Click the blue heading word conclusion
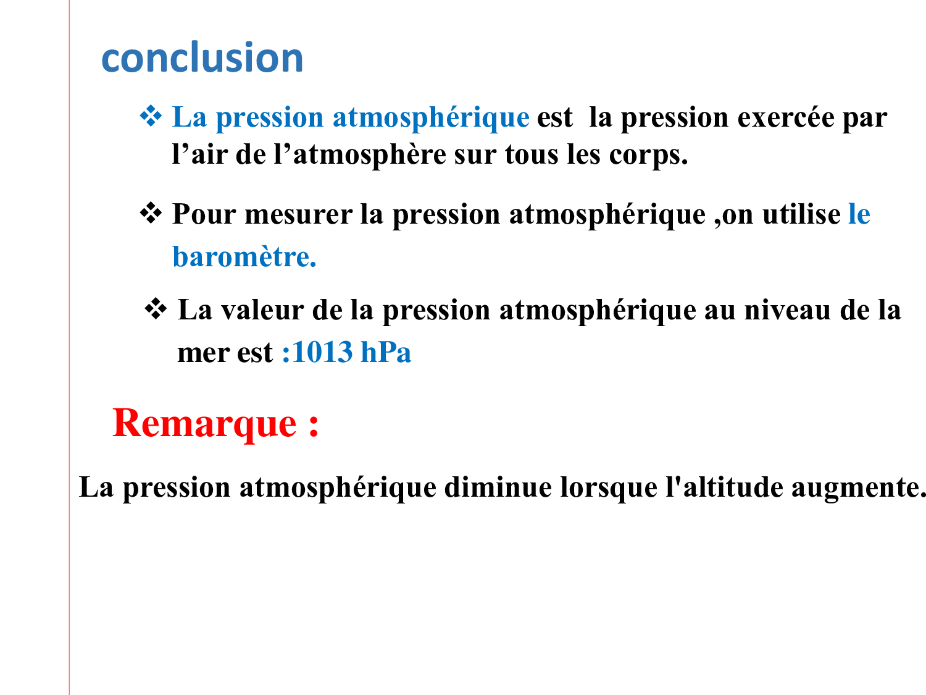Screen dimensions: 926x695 (202, 57)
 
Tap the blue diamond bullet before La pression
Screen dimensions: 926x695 (151, 116)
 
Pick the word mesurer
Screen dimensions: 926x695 (299, 215)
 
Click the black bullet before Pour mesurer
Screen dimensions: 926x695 (151, 213)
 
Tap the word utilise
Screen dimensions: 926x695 (801, 214)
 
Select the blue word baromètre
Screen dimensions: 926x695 (244, 256)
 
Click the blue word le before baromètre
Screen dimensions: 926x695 (859, 214)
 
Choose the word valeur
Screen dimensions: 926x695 (262, 311)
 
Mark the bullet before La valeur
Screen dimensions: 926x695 (156, 309)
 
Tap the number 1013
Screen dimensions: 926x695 (322, 352)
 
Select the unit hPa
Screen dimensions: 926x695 (386, 352)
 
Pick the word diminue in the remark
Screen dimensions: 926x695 (498, 488)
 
